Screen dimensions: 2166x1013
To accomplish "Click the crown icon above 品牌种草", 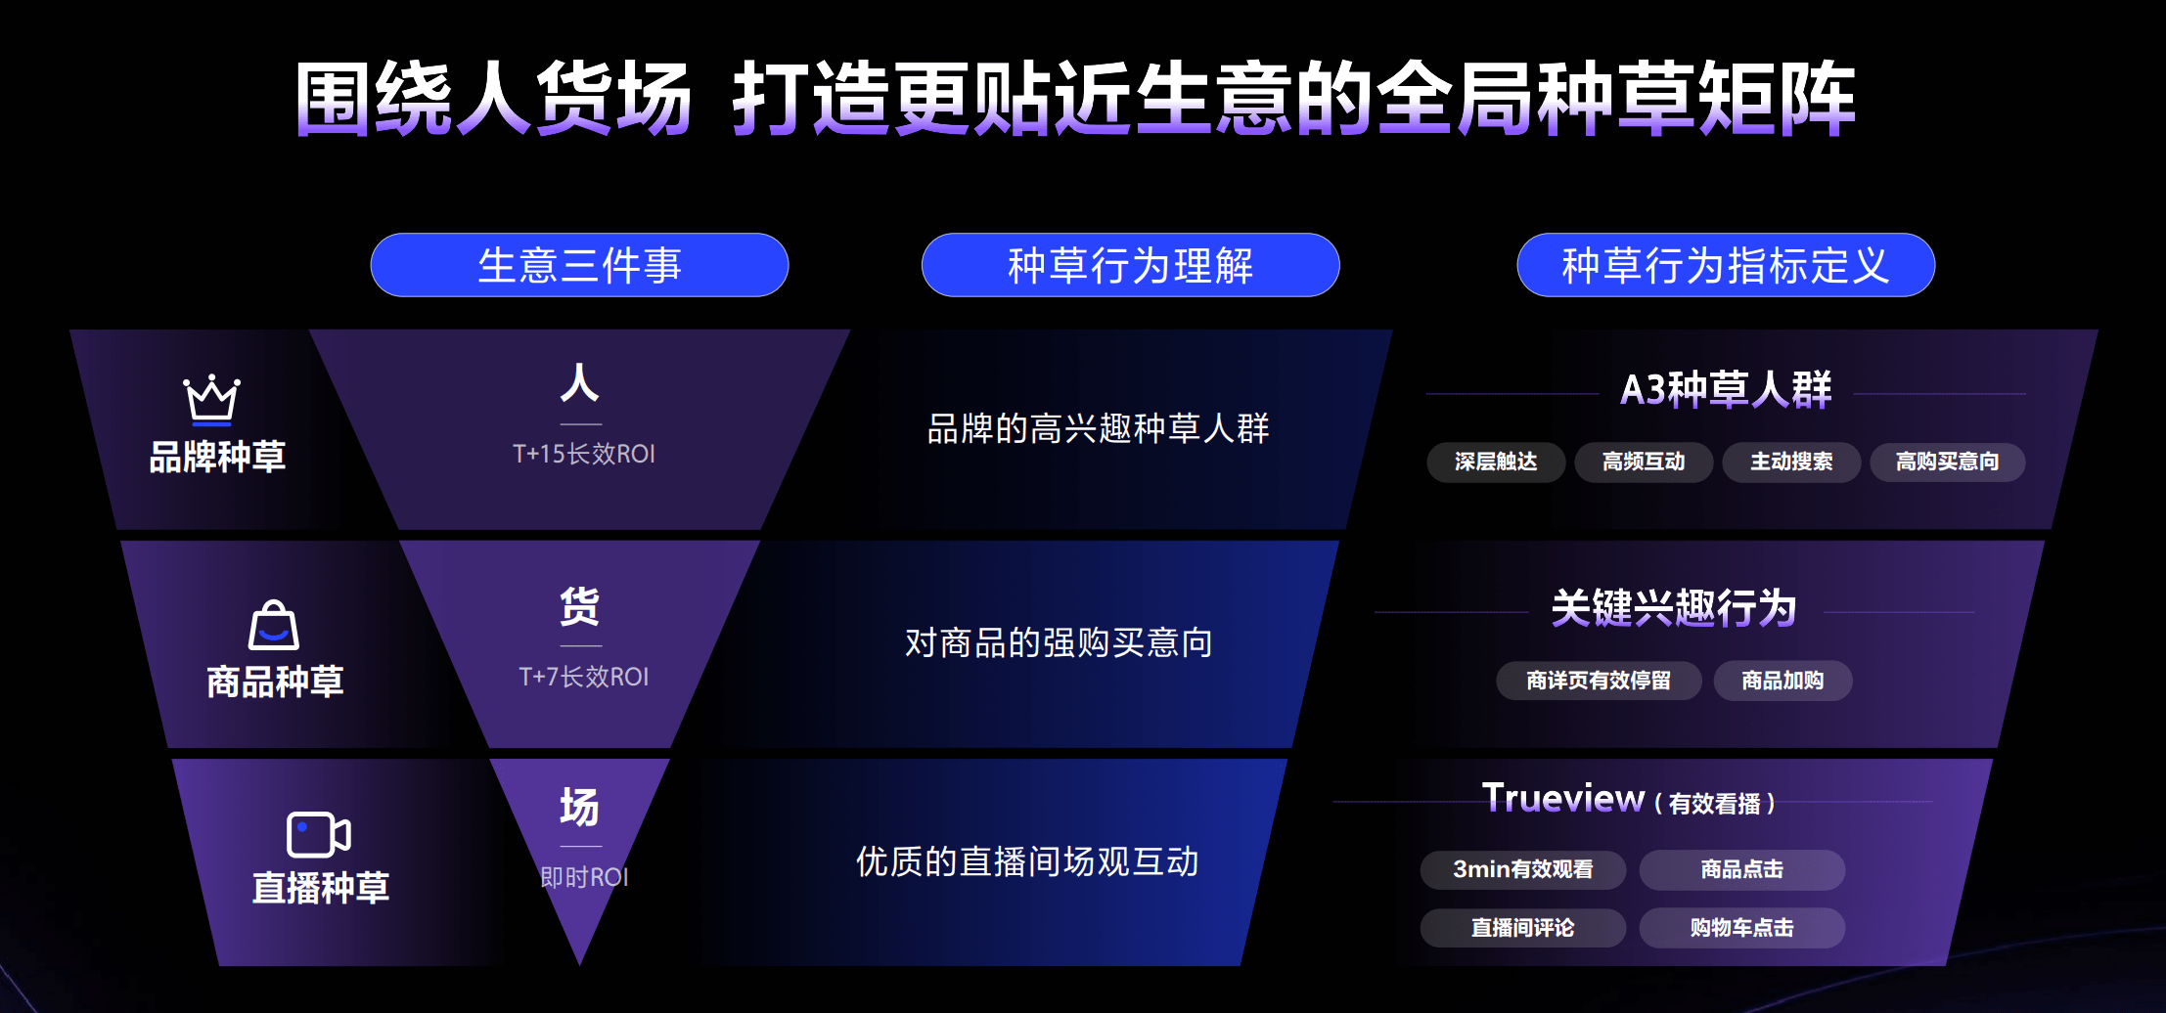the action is (211, 400).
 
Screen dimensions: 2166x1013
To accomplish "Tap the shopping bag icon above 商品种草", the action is (274, 625).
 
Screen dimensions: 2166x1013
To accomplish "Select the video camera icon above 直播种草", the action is (318, 834).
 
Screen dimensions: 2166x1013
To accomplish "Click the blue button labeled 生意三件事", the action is (579, 265).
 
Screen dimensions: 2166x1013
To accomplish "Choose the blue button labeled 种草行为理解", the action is (1130, 265).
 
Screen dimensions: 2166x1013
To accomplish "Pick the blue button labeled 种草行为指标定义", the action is (1726, 265).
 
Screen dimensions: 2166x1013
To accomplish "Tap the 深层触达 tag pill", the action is (1496, 462).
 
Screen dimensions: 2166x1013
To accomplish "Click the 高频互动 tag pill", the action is (1644, 462).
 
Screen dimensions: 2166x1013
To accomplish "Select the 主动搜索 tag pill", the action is (1791, 462).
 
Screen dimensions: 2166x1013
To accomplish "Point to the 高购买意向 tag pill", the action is (1947, 462).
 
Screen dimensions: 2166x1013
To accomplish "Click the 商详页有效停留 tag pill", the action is (1599, 681).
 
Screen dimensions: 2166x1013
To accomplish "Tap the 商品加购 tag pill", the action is (1782, 681).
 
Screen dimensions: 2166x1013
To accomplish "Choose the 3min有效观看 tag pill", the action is (1523, 869).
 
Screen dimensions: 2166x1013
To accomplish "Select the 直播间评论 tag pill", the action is (1523, 928).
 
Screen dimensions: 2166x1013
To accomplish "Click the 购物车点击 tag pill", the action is (1742, 928).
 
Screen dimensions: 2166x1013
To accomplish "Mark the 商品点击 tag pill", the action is (1742, 869).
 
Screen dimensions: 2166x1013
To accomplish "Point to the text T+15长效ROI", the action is (584, 454).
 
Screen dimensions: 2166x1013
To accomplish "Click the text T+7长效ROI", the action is (584, 677).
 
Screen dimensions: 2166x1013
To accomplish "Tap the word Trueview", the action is (1563, 798).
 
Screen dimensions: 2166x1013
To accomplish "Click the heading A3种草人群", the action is (1726, 389).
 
